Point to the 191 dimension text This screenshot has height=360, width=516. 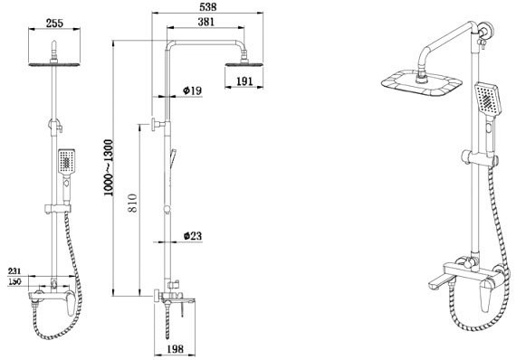tap(244, 81)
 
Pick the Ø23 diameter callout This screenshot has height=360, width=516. tap(193, 236)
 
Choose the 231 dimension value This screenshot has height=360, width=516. tap(15, 270)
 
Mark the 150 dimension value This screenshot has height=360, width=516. tap(15, 281)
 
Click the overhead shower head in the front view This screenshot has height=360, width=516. tap(53, 63)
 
